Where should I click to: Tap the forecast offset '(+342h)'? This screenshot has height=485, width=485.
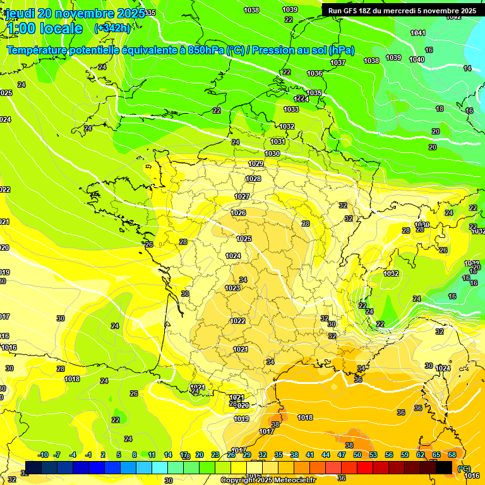(112, 28)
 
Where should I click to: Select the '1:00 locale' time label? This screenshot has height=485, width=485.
(44, 28)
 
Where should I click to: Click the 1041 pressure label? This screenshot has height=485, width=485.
(418, 33)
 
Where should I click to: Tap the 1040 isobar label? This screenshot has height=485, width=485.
(417, 59)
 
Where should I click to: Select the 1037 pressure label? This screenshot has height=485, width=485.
(338, 63)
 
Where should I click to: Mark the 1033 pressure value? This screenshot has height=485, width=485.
(291, 109)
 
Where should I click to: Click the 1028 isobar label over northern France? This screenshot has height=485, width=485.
(253, 179)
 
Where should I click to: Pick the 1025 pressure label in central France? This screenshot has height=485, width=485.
(244, 239)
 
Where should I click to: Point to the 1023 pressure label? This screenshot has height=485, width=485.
(232, 288)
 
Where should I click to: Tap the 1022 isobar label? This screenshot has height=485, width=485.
(237, 321)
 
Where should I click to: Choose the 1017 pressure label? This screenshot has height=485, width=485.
(266, 431)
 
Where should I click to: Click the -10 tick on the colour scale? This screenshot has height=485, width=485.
(43, 455)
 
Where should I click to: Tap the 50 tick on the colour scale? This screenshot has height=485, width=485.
(357, 455)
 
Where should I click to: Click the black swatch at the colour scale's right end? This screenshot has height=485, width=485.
(444, 467)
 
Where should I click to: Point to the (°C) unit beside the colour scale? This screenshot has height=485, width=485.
(464, 469)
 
